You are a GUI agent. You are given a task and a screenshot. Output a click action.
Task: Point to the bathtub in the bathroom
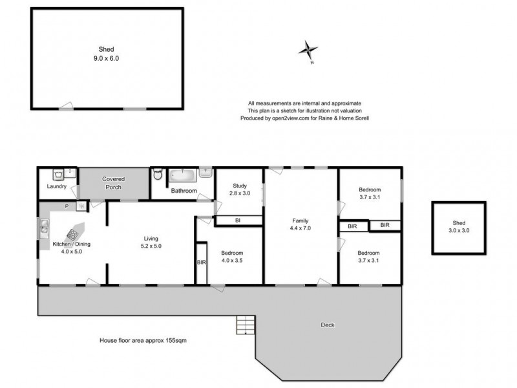pos(184,175)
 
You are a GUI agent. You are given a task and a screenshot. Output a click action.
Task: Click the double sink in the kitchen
pos(43,226)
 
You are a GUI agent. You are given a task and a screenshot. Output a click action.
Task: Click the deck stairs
pos(246,323)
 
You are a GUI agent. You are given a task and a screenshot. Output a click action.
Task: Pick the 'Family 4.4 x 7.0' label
pos(301,224)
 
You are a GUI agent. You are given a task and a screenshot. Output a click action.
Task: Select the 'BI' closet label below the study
pos(238,221)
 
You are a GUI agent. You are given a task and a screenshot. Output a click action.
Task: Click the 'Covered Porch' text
pos(113,183)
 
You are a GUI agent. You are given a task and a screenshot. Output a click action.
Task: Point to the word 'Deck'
pos(328,325)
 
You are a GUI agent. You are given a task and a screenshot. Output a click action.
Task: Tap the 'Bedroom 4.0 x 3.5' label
pos(232,257)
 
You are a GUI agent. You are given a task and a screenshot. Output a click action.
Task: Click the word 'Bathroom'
pos(184,191)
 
